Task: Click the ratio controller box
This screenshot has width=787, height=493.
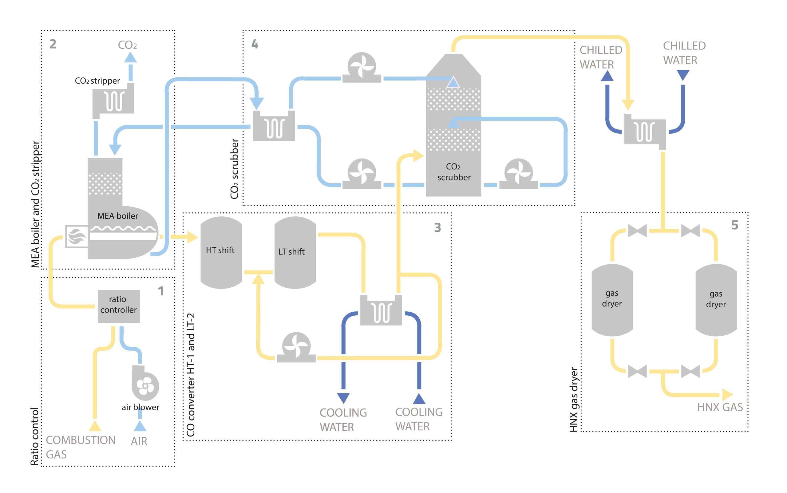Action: [x=119, y=306]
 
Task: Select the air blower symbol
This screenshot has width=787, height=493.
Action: [x=145, y=385]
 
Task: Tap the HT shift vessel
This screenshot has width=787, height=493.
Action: [x=221, y=252]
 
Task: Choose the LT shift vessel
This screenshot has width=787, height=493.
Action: [x=295, y=252]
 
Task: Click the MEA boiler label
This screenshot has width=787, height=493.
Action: [x=117, y=216]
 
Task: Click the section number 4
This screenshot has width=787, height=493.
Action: [x=255, y=44]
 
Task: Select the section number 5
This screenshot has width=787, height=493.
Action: [x=734, y=225]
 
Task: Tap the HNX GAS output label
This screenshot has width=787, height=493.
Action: [x=719, y=407]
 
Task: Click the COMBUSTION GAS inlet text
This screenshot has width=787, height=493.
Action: [x=80, y=447]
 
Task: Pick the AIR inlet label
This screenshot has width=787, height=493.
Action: [x=139, y=441]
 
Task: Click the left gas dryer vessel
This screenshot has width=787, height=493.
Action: [x=612, y=300]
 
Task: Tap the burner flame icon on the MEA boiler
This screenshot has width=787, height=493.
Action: [x=77, y=236]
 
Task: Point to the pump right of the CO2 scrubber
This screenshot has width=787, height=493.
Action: [x=518, y=174]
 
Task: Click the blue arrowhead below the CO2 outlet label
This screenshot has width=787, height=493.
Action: [x=130, y=58]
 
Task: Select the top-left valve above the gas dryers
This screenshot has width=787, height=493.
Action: [x=637, y=231]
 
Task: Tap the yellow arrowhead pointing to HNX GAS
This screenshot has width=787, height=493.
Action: [x=727, y=395]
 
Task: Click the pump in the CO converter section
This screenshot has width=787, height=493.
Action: [x=296, y=348]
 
